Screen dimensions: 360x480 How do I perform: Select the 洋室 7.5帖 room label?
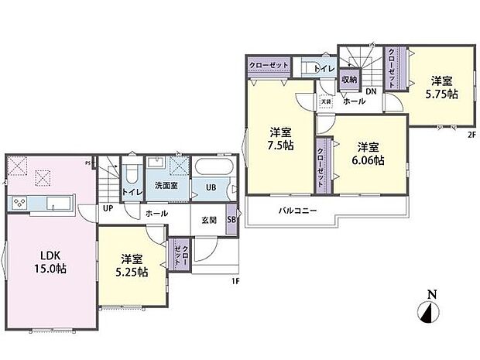pyautogui.click(x=279, y=139)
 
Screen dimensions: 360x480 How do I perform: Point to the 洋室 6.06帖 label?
pyautogui.click(x=368, y=154)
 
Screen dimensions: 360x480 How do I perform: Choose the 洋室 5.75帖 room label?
pyautogui.click(x=441, y=87)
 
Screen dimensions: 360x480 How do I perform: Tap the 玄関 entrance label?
pyautogui.click(x=208, y=220)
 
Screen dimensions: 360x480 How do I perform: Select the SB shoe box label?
pyautogui.click(x=231, y=220)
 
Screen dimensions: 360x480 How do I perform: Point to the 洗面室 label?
pyautogui.click(x=164, y=186)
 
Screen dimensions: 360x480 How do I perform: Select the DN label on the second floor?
pyautogui.click(x=371, y=92)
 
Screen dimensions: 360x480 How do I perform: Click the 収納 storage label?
pyautogui.click(x=348, y=78)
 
